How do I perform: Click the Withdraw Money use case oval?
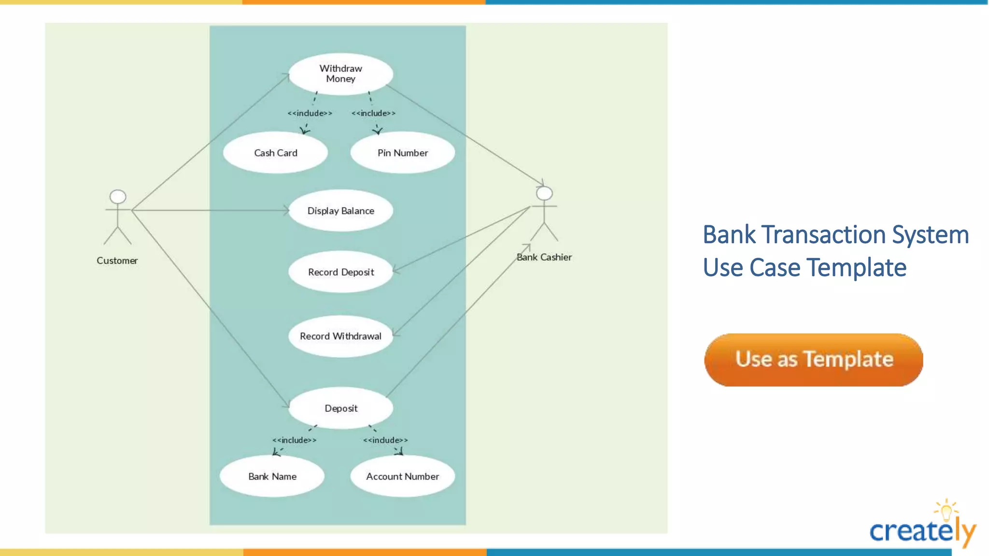[340, 74]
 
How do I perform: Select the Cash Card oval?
[275, 153]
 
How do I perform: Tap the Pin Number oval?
[402, 153]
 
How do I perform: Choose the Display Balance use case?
[340, 211]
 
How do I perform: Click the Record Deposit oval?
[340, 272]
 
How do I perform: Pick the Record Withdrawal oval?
[340, 336]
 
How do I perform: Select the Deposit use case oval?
[340, 408]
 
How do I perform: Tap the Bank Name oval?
[272, 476]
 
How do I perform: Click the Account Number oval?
[402, 476]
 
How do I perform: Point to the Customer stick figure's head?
[118, 196]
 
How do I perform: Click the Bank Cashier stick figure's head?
[544, 194]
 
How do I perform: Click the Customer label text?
[117, 261]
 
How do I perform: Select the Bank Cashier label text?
[544, 257]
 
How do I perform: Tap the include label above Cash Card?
[310, 113]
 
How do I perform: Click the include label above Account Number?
[385, 440]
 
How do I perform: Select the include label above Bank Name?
[294, 440]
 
